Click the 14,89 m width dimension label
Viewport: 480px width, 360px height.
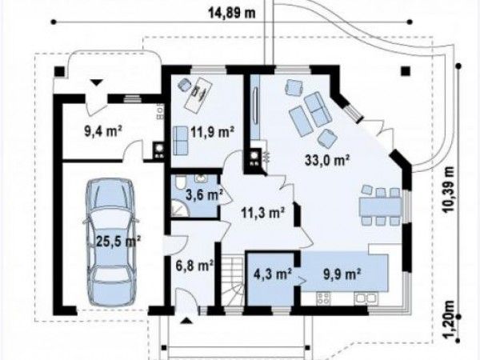click(232, 13)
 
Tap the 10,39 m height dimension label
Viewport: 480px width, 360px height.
click(449, 190)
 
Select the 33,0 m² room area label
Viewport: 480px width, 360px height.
click(327, 160)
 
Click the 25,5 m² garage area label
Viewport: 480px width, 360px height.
click(118, 242)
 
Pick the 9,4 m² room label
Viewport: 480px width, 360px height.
click(103, 132)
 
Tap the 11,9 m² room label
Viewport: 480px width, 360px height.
click(213, 132)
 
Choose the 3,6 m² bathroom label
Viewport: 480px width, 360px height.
click(204, 195)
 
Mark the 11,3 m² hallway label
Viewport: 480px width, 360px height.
click(263, 213)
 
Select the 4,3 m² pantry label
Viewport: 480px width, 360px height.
click(273, 274)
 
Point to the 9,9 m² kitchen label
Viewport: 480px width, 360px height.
click(342, 274)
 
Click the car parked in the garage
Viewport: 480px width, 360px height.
click(110, 242)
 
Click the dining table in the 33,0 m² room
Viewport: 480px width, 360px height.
click(380, 206)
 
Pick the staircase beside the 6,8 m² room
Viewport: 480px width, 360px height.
click(232, 281)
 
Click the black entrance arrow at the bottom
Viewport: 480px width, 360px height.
click(186, 321)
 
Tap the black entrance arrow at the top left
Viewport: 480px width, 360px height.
click(97, 82)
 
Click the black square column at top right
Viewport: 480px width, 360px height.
click(406, 71)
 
